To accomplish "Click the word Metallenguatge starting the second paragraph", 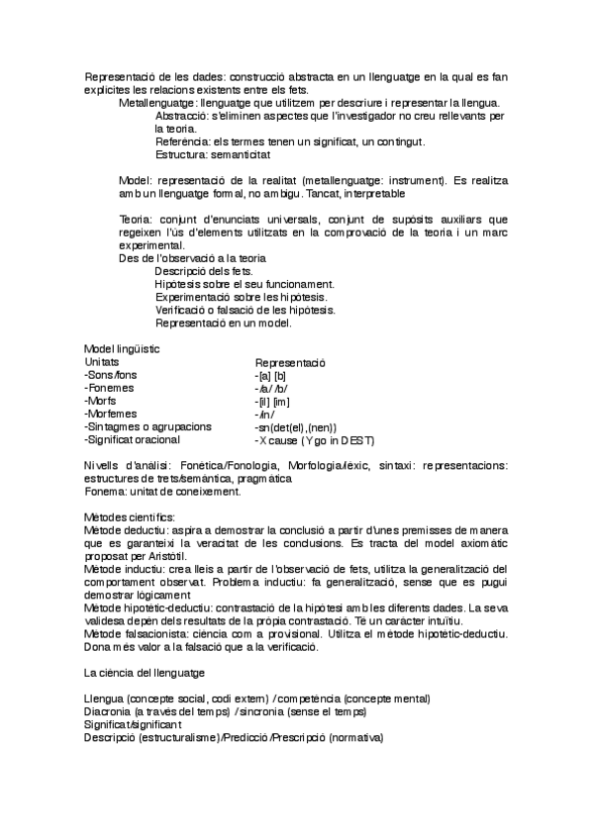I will pos(156,103).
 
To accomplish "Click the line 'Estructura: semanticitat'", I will pos(219,154).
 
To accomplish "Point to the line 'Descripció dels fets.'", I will pos(204,271).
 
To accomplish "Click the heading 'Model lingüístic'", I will pos(123,349).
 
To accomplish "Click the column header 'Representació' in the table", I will pos(291,363).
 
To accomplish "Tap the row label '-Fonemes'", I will pos(111,389).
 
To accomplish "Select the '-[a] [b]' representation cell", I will pos(270,376).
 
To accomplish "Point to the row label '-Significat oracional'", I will pos(133,439).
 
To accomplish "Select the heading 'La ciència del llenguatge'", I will pos(145,673).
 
